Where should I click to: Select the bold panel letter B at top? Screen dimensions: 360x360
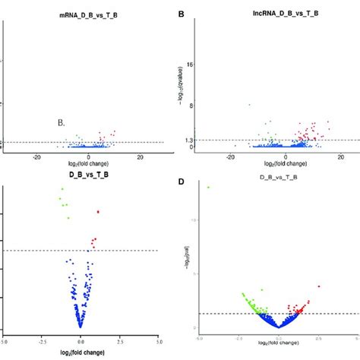tap(181, 14)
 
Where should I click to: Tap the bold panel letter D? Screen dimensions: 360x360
tap(181, 182)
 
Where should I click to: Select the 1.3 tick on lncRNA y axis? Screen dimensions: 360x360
tap(188, 140)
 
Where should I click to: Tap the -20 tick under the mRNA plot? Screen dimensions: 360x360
tap(37, 156)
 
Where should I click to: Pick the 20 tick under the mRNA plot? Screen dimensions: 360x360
tap(140, 156)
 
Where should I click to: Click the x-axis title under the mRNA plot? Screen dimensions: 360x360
tap(88, 165)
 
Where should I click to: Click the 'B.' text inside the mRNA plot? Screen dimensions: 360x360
tap(62, 122)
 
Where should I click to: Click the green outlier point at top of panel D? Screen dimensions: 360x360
tap(208, 187)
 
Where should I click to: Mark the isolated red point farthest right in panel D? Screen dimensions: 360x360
tap(319, 286)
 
